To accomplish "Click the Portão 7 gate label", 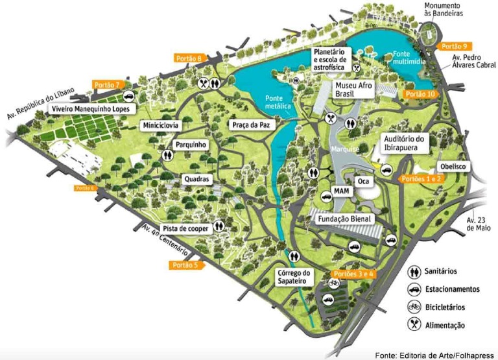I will click(x=108, y=85).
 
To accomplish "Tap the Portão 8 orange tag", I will click(x=190, y=58).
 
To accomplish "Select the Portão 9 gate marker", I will click(x=455, y=46).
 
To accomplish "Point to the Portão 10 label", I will click(x=420, y=94).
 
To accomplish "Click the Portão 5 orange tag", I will click(x=186, y=265).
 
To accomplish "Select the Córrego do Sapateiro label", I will click(x=295, y=277).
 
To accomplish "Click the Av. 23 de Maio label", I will click(x=479, y=223).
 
